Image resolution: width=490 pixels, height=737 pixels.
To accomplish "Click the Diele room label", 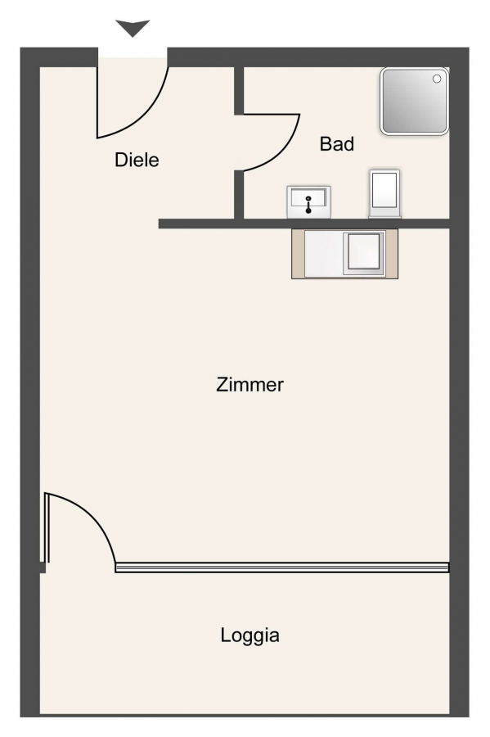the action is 137,160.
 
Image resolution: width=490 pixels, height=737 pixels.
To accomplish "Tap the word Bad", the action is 336,144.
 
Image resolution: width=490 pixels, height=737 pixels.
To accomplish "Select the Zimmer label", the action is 249,385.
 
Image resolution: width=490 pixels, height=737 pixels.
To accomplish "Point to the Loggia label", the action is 250,635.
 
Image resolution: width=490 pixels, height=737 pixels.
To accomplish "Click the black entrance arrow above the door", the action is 133,28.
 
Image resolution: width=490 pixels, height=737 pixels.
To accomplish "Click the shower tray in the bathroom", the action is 415,101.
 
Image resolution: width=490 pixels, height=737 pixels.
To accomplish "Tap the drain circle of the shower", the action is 437,79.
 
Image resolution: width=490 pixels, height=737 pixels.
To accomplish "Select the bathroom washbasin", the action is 308,202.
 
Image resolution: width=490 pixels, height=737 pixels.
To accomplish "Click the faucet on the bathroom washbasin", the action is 308,205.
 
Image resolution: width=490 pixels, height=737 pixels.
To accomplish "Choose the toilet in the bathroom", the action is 384,193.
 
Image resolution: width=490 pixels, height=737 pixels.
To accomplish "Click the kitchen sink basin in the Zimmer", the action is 364,252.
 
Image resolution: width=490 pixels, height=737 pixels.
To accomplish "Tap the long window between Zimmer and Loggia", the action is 282,567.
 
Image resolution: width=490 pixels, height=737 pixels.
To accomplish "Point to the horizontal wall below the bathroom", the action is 303,224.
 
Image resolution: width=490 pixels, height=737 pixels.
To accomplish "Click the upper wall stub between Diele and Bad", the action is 239,90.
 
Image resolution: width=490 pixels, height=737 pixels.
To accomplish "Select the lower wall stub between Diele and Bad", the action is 239,195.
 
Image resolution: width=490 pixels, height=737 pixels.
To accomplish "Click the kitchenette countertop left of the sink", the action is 324,253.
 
